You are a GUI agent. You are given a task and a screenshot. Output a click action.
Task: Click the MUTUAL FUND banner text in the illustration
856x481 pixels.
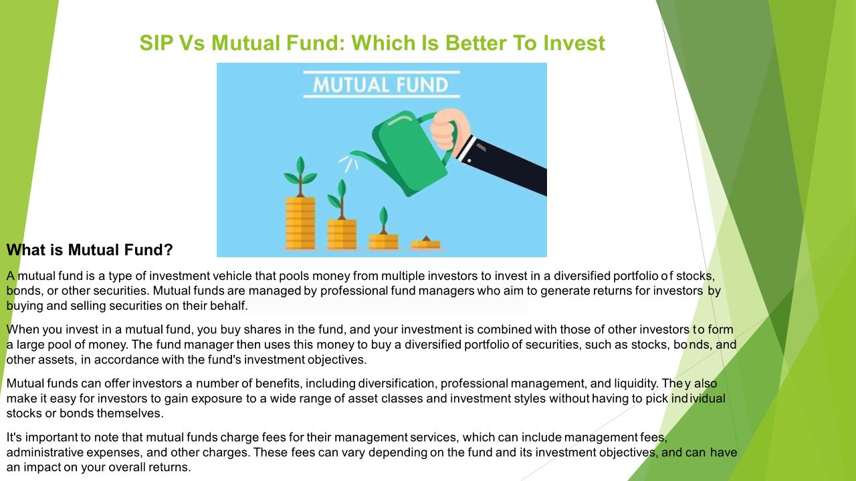tap(381, 85)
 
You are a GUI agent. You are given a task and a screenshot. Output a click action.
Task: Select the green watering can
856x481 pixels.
tap(405, 153)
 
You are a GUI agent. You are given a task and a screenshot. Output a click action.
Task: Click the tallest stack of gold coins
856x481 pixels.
tap(301, 223)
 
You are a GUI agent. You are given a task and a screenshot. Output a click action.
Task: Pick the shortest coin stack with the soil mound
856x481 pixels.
tap(426, 243)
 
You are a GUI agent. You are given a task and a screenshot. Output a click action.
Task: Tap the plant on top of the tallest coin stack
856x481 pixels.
tap(300, 176)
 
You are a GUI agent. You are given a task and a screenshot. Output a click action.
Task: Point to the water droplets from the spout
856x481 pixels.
tap(348, 163)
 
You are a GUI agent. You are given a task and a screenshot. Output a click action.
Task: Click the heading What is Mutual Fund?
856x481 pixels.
tap(90, 250)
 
